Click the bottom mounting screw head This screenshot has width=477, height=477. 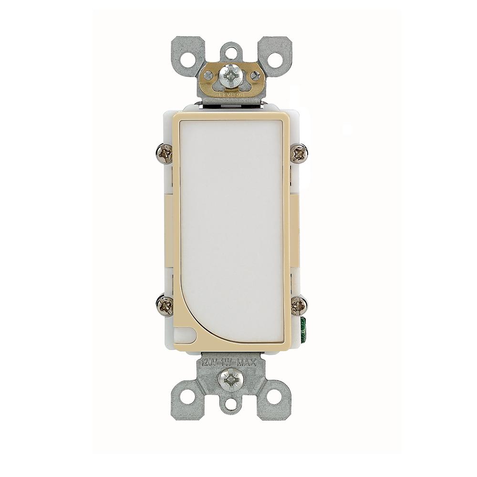230,380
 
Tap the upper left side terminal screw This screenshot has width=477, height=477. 165,154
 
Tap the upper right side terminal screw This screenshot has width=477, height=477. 300,153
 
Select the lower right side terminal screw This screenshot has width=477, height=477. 299,305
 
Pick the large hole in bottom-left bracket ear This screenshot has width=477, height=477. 188,396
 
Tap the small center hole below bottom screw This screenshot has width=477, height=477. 231,405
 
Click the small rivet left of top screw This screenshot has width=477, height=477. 208,75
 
